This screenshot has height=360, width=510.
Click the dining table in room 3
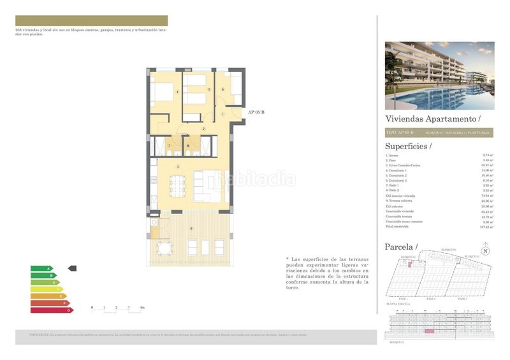click(x=178, y=186)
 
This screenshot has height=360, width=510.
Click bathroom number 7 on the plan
click(x=170, y=146)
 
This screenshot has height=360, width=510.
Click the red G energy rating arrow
click(x=52, y=310)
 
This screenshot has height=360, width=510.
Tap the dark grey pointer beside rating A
click(x=72, y=268)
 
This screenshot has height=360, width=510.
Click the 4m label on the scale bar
click(x=142, y=307)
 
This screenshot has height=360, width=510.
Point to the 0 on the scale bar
click(x=92, y=307)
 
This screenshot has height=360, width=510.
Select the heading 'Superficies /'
click(x=408, y=145)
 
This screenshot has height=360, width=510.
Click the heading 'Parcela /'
click(x=401, y=247)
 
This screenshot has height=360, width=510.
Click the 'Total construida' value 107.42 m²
click(x=488, y=226)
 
